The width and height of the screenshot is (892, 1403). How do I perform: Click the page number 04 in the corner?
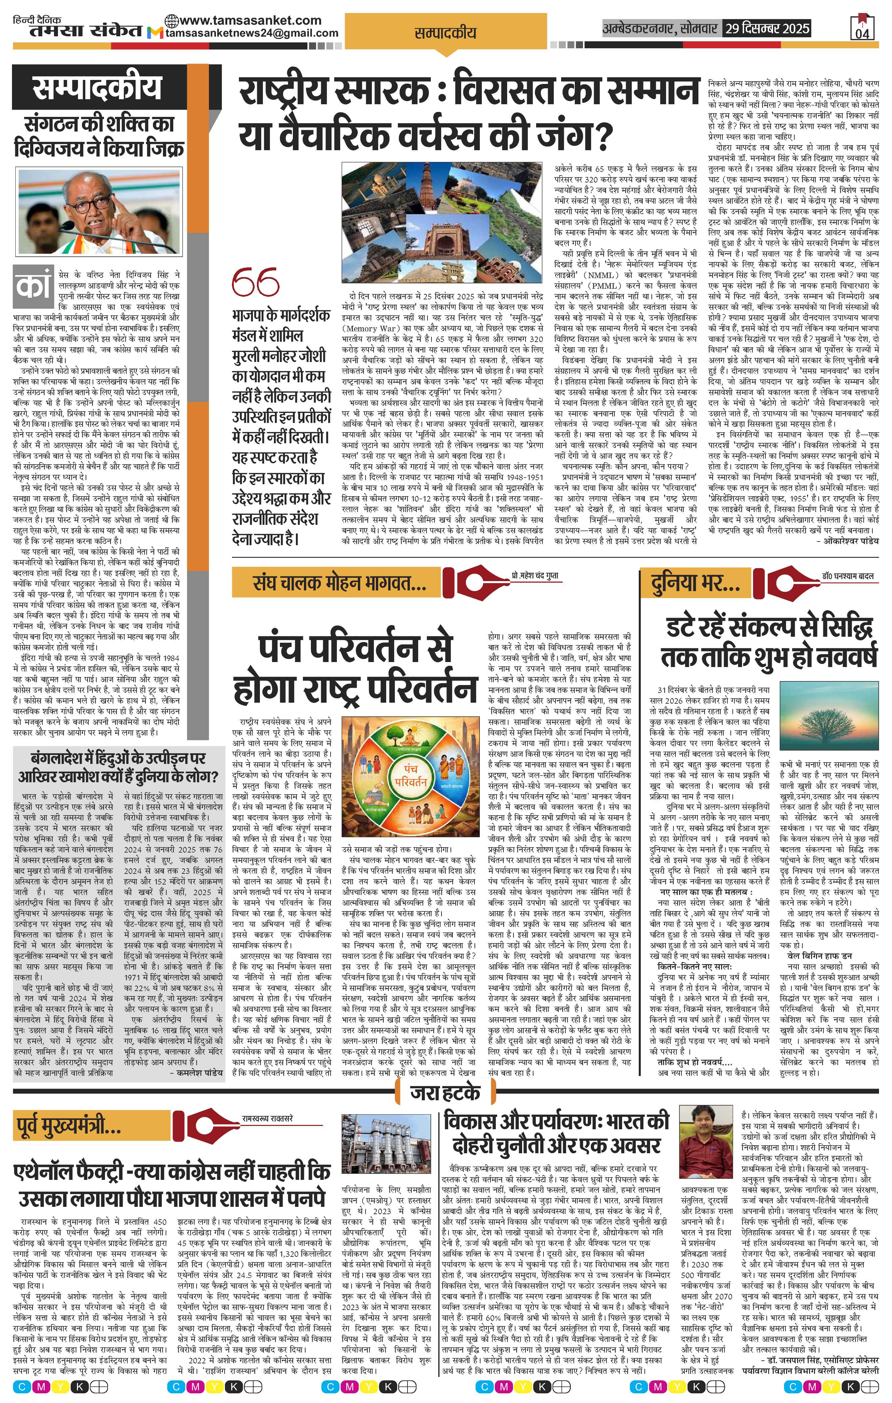pos(862,32)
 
